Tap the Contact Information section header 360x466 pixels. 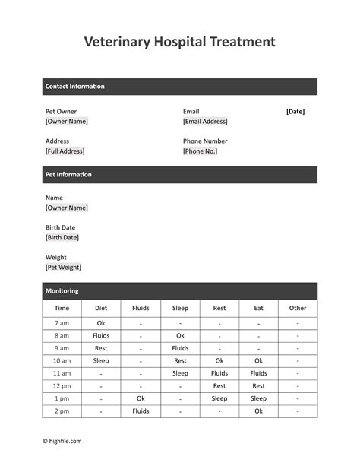point(75,87)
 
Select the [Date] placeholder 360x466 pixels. point(295,111)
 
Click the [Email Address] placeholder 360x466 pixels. point(205,121)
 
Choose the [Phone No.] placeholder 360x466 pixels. point(200,151)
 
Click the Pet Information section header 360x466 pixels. point(68,175)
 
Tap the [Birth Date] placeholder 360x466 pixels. point(62,237)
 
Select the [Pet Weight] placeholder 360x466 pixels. point(64,267)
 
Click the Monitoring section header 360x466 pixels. point(62,291)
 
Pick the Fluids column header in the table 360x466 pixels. point(141,309)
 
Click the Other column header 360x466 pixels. point(298,309)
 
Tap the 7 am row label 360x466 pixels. point(62,323)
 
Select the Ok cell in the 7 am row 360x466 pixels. point(101,323)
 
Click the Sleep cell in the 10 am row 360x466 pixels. point(101,361)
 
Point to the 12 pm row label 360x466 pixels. point(62,386)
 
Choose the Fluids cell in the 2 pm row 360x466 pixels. point(141,411)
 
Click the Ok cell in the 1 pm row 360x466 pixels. point(141,398)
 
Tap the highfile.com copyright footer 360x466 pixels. point(62,441)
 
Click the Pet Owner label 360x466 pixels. point(61,111)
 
